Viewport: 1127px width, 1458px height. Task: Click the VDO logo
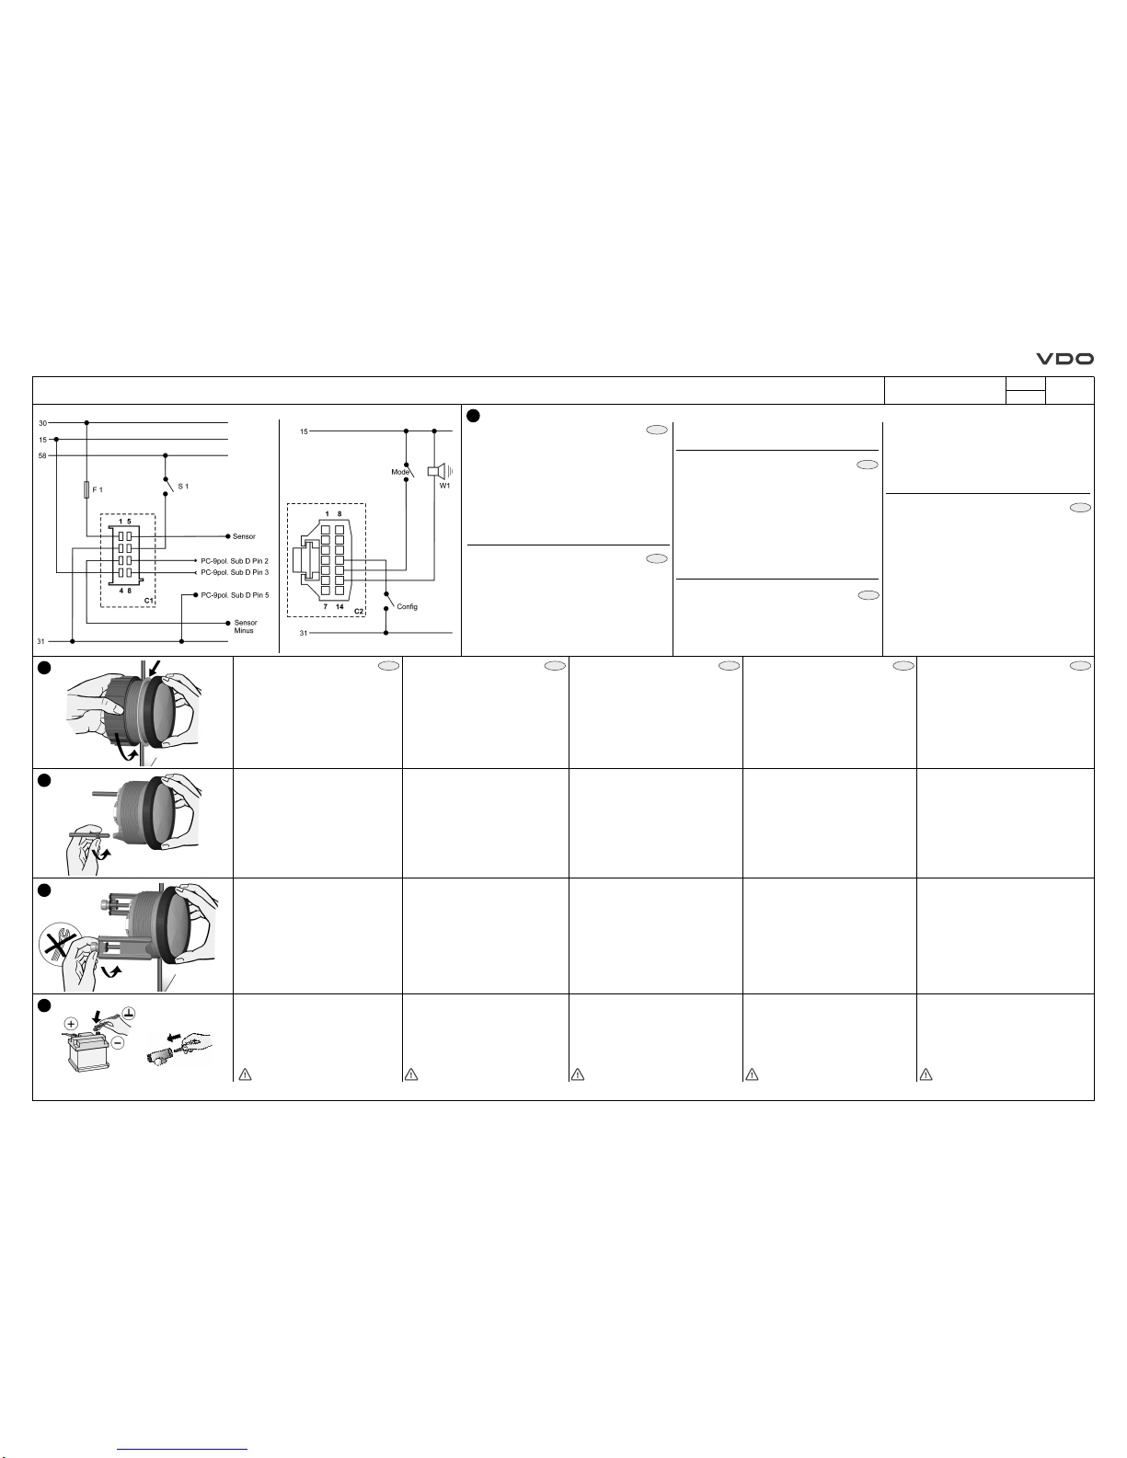tap(1064, 359)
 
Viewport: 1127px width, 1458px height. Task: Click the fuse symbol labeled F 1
tap(86, 489)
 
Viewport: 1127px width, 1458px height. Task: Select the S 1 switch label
tap(183, 487)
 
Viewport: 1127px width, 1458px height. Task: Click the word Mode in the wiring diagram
tap(400, 473)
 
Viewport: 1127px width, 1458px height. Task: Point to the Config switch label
tap(408, 606)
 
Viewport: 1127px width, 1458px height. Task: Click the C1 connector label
tap(149, 601)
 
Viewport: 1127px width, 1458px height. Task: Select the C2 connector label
tap(359, 611)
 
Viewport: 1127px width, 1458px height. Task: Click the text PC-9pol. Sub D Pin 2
tap(235, 561)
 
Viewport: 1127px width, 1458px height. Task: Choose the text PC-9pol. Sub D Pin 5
tap(235, 595)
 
